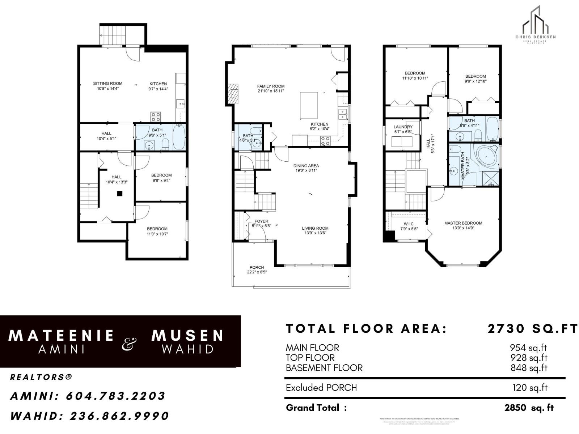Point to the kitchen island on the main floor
pyautogui.click(x=309, y=105)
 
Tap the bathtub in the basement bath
pyautogui.click(x=179, y=137)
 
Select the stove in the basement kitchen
pyautogui.click(x=156, y=117)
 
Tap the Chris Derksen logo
pyautogui.click(x=535, y=25)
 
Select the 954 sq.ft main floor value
pyautogui.click(x=528, y=348)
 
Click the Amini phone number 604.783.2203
pyautogui.click(x=115, y=396)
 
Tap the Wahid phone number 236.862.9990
pyautogui.click(x=119, y=416)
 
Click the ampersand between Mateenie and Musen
pyautogui.click(x=129, y=344)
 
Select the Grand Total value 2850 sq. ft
pyautogui.click(x=529, y=408)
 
